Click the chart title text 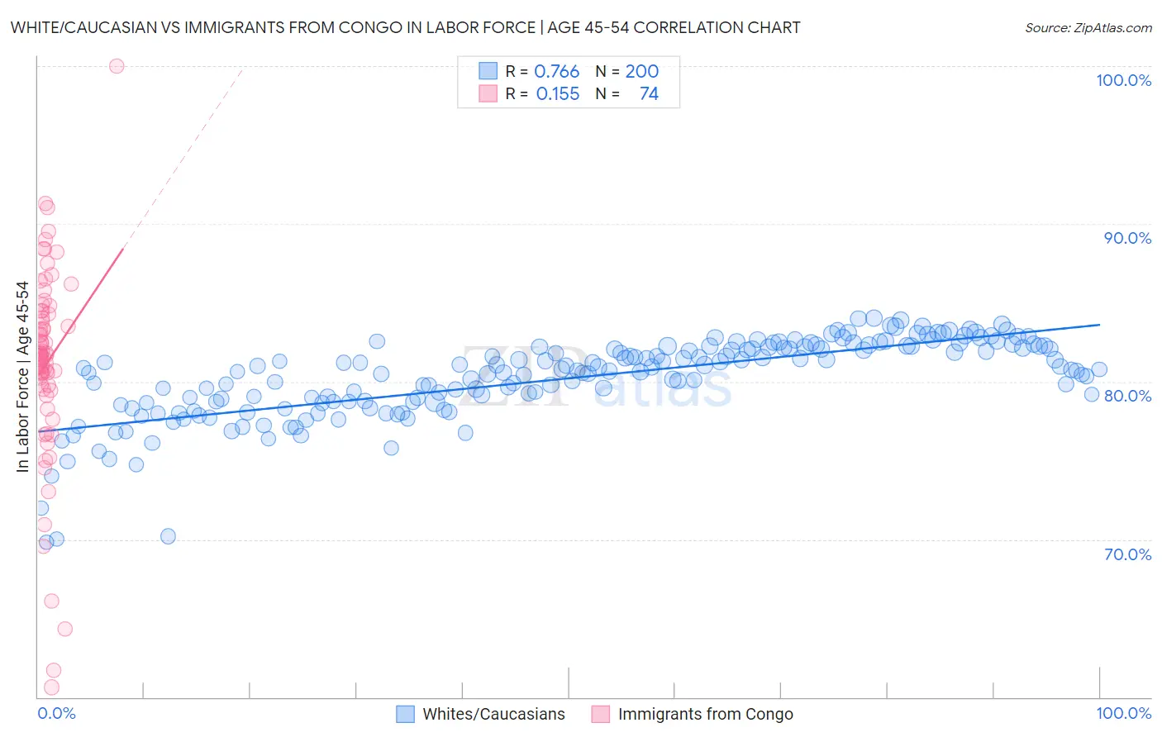[405, 27]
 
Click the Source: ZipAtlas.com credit [1088, 27]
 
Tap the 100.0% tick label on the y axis [1123, 80]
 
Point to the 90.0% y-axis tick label [1127, 238]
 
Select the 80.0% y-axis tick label [1127, 396]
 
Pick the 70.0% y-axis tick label [1127, 554]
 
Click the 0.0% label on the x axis [56, 713]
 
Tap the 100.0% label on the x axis [1123, 713]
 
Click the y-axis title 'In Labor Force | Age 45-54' [22, 377]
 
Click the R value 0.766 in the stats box [557, 71]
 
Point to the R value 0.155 [558, 93]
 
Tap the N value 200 [641, 71]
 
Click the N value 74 [649, 93]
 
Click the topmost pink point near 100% [117, 66]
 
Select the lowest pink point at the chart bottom [51, 687]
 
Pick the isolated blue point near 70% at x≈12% [168, 536]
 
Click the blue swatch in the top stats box [488, 71]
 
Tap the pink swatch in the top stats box [488, 93]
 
